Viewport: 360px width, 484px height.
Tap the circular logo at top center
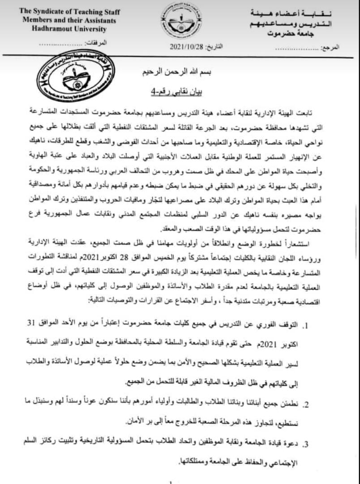pyautogui.click(x=181, y=20)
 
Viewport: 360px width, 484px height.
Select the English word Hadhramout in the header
pyautogui.click(x=49, y=29)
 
